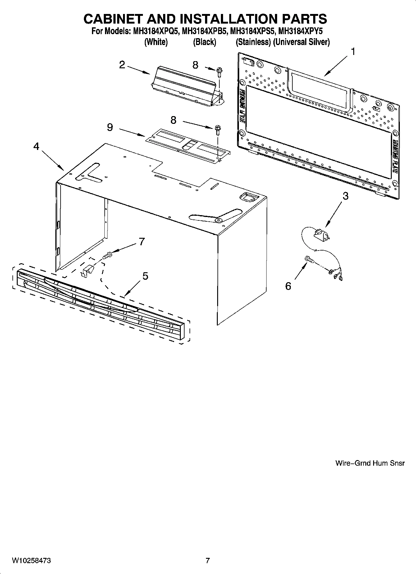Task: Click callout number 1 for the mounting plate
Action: click(353, 52)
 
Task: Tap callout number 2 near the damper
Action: click(122, 65)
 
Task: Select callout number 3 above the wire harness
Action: click(345, 196)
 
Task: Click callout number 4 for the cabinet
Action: click(36, 146)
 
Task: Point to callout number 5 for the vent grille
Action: click(145, 276)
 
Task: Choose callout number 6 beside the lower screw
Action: click(288, 286)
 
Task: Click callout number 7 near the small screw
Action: click(142, 241)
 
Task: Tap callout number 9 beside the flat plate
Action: click(110, 127)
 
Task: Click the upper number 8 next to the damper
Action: click(195, 65)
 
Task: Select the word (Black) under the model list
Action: click(204, 42)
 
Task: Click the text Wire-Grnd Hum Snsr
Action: click(370, 463)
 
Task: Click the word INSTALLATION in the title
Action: click(214, 19)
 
